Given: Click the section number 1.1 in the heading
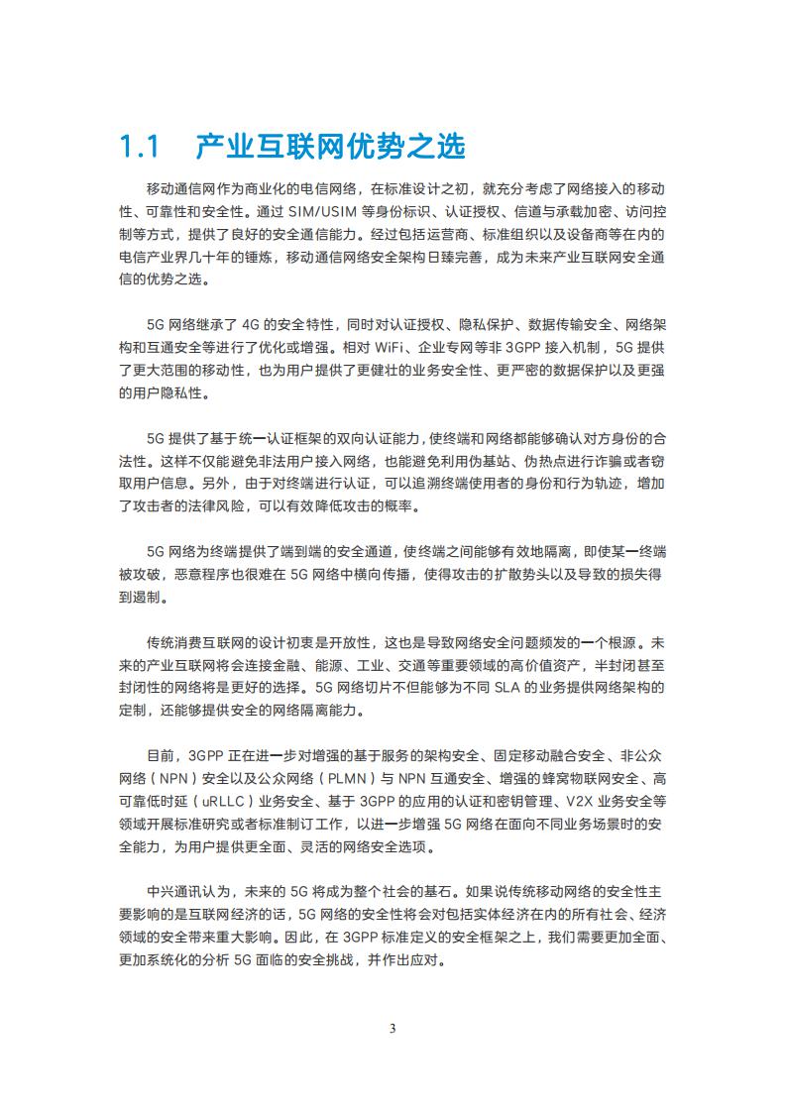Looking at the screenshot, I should [x=139, y=147].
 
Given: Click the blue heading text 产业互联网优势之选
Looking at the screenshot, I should [x=330, y=147].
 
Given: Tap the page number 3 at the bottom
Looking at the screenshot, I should [x=393, y=1028].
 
